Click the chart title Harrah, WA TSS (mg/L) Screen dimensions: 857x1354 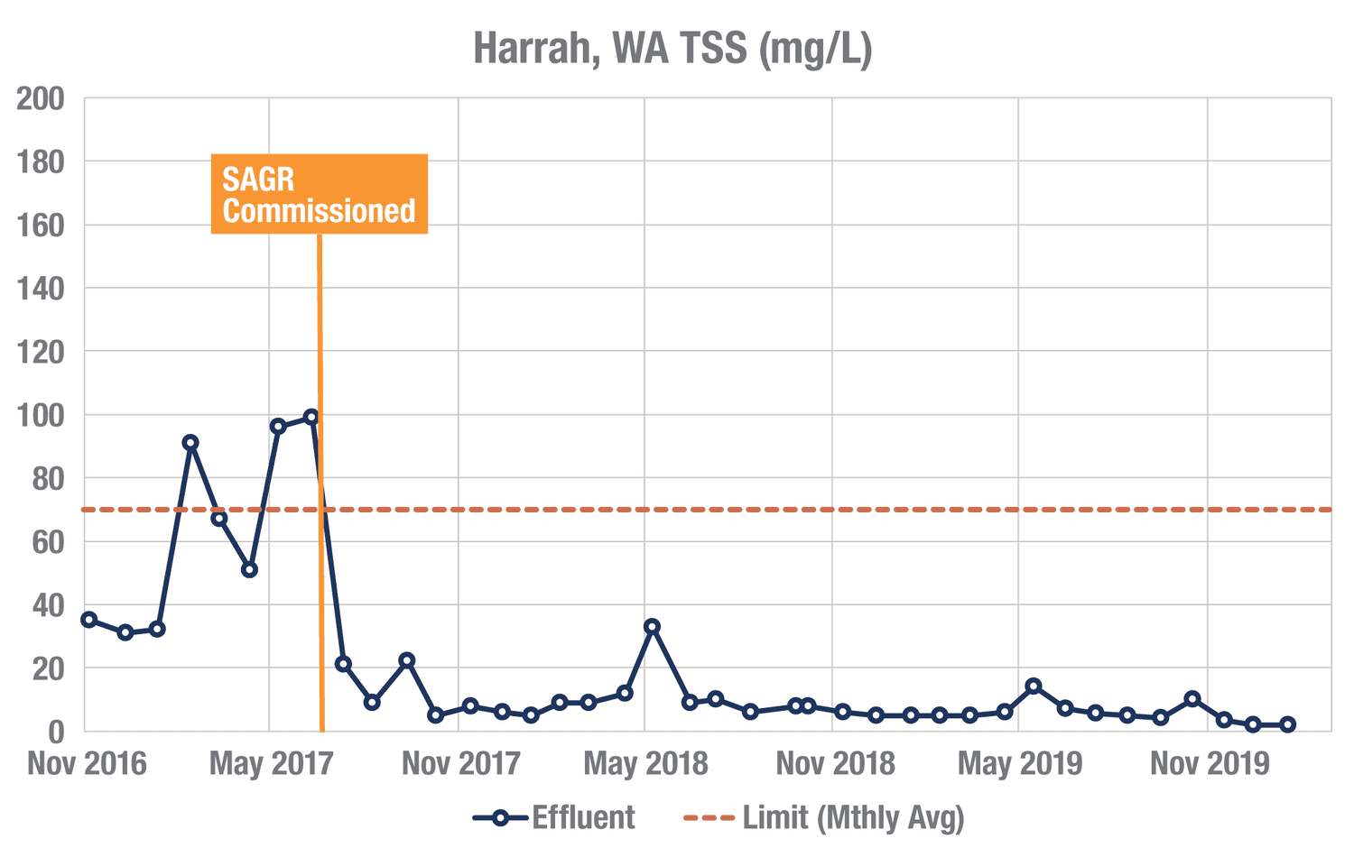click(x=672, y=48)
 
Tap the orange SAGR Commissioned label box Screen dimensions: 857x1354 click(x=319, y=194)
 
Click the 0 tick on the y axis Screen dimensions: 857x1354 click(x=56, y=732)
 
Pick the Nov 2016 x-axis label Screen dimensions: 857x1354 click(x=87, y=764)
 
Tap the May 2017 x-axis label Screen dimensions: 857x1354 click(x=271, y=764)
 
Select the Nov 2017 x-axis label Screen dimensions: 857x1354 click(x=460, y=764)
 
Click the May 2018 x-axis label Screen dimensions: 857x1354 click(x=645, y=764)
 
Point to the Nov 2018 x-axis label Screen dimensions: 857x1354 click(x=835, y=764)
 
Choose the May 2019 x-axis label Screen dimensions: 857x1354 click(x=1020, y=764)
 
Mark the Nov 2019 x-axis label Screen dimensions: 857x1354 click(x=1210, y=764)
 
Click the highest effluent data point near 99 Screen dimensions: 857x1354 click(x=311, y=417)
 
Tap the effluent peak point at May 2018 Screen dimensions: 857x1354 click(x=652, y=626)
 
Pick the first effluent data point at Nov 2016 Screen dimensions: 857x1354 click(x=88, y=619)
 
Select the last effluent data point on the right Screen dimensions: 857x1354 click(x=1287, y=724)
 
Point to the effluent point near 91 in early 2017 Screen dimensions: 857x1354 click(x=190, y=442)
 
